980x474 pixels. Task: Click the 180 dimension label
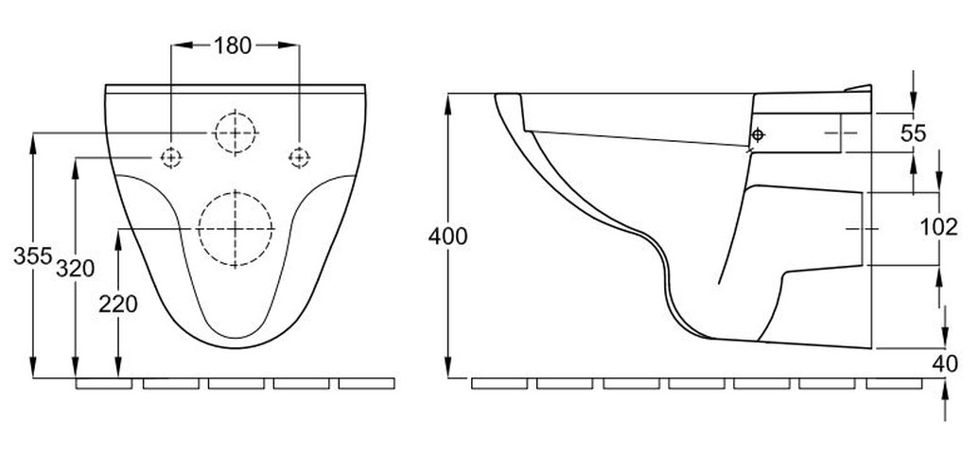(x=233, y=45)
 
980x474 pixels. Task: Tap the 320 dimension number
(x=75, y=269)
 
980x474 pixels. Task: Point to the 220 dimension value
(x=119, y=304)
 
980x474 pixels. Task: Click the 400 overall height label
(x=448, y=236)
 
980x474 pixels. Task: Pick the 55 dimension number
(x=912, y=133)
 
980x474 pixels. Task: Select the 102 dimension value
(x=938, y=228)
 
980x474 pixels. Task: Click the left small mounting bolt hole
(x=170, y=157)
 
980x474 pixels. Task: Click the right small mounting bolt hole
(x=298, y=156)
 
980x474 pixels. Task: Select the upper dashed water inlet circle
(x=235, y=132)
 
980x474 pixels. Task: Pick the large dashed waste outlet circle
(x=236, y=228)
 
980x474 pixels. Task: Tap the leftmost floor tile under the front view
(x=104, y=384)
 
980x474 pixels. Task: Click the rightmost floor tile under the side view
(x=894, y=384)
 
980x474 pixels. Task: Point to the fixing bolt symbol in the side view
(x=757, y=133)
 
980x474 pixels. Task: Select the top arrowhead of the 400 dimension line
(x=448, y=100)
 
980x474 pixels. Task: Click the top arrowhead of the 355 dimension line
(x=34, y=141)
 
